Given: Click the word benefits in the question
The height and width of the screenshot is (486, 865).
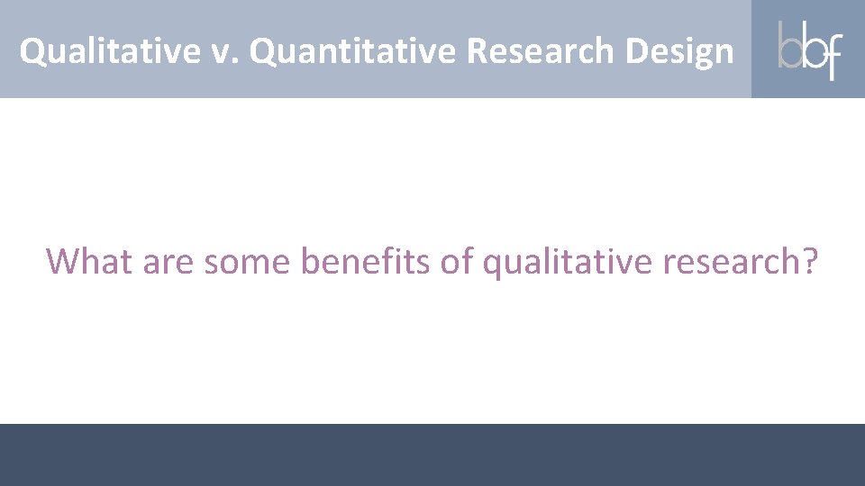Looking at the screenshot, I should coord(366,261).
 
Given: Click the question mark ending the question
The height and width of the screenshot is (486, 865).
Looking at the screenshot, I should coord(809,261).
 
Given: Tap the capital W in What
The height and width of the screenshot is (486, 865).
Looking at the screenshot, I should coord(64,261).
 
